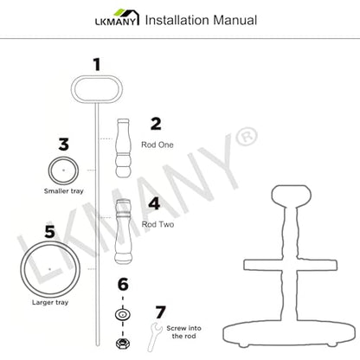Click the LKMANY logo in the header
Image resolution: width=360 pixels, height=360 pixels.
[x=118, y=17]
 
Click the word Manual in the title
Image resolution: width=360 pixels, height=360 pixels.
[x=235, y=20]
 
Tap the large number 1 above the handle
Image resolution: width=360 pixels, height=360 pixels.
[x=97, y=65]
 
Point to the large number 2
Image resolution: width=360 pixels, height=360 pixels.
[x=156, y=124]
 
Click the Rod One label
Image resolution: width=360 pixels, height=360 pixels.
[x=157, y=145]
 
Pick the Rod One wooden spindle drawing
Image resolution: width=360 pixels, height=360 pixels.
[x=123, y=148]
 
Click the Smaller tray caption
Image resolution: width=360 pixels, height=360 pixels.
[x=64, y=191]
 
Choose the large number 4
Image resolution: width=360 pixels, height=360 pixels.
[x=154, y=203]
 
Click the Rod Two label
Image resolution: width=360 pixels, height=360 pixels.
[x=157, y=224]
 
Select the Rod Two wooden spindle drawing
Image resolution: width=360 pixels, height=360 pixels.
[x=124, y=231]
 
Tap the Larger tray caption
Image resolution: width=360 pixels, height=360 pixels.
[x=50, y=302]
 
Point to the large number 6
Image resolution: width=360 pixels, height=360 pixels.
[x=123, y=285]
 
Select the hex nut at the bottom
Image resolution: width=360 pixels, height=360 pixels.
[x=122, y=344]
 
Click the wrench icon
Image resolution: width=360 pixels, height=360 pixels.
[x=154, y=336]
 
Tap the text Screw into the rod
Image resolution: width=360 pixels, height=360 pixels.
[x=183, y=332]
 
